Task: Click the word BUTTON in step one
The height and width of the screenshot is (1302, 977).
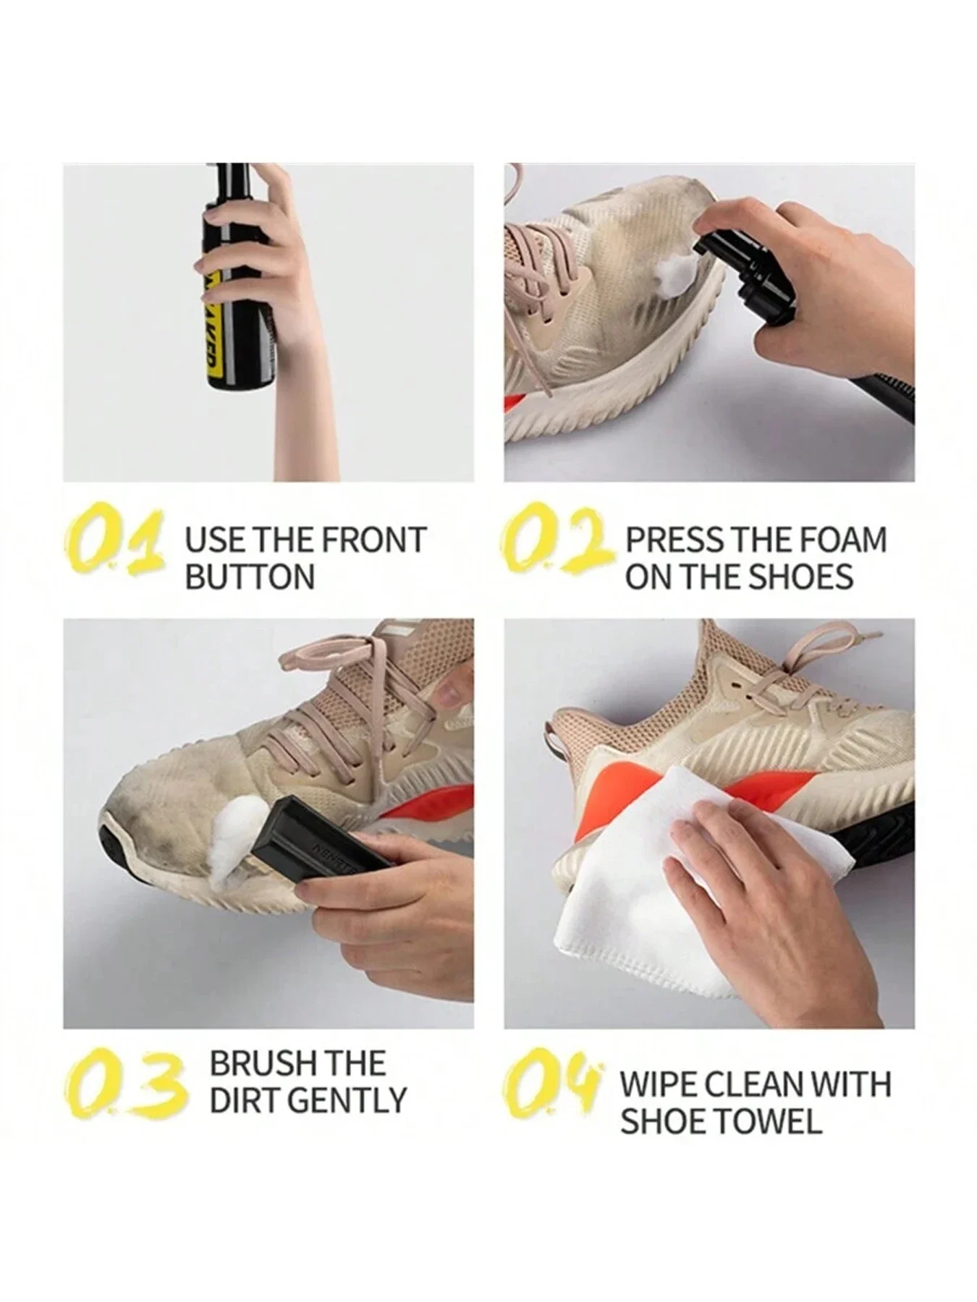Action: coord(250,577)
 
